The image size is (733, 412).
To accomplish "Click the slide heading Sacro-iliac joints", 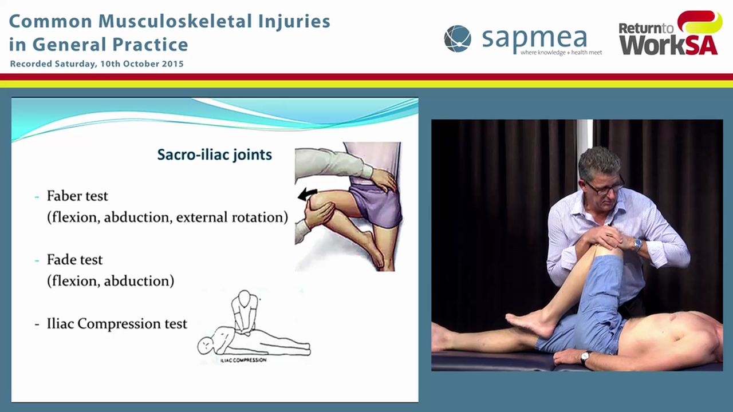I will pyautogui.click(x=214, y=154).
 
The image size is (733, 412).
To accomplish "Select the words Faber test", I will pyautogui.click(x=77, y=196).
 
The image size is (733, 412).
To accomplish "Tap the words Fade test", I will pyautogui.click(x=75, y=260).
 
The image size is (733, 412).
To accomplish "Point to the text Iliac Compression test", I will pyautogui.click(x=117, y=324).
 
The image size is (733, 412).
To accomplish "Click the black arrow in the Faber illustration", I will pyautogui.click(x=308, y=195).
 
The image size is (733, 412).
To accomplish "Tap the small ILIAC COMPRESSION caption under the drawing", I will pyautogui.click(x=243, y=360).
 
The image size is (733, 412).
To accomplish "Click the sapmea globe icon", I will pyautogui.click(x=458, y=38).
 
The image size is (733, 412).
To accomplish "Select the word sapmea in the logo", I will pyautogui.click(x=534, y=38).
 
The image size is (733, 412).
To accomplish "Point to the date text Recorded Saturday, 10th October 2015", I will pyautogui.click(x=97, y=64).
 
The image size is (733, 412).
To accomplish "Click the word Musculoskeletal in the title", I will pyautogui.click(x=171, y=22).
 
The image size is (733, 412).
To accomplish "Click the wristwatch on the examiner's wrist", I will pyautogui.click(x=637, y=244).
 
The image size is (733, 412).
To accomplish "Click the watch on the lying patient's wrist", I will pyautogui.click(x=585, y=358).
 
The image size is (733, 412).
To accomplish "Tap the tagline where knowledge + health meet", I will pyautogui.click(x=561, y=53).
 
